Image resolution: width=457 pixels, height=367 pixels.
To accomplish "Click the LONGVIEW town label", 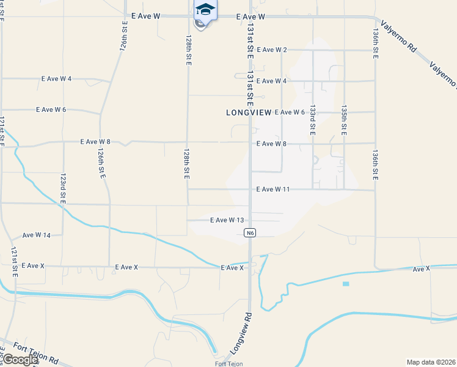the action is tap(249, 113).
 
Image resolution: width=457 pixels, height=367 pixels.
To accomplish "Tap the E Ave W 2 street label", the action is tap(272, 50).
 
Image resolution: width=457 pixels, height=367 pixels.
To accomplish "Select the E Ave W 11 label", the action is tap(272, 190).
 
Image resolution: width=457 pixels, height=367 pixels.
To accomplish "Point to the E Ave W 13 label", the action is tap(227, 220).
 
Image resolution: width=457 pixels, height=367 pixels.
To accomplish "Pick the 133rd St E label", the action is tap(313, 119).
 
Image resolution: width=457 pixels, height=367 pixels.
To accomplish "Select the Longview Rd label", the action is tap(242, 333).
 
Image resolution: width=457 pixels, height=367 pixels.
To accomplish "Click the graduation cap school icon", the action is tap(205, 10).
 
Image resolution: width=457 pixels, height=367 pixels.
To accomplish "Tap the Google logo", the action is tap(20, 360).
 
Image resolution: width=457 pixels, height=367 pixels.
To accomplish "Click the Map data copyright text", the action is tap(431, 362).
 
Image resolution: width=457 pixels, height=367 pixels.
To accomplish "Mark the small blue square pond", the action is tap(346, 284).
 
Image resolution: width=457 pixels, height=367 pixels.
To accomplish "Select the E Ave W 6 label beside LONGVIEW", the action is tap(290, 112).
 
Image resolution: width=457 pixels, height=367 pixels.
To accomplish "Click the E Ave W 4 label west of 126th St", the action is tap(57, 79).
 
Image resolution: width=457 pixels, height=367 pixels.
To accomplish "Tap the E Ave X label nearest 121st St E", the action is tap(33, 266).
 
